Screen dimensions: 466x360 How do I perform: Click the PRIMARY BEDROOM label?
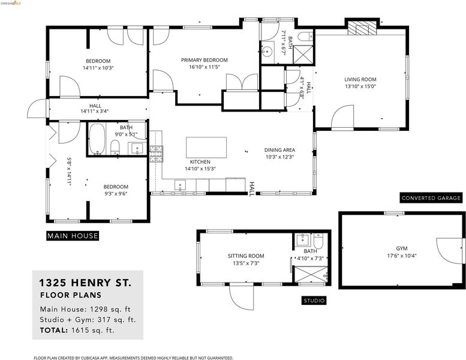click(x=205, y=60)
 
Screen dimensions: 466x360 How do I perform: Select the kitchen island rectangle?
click(x=206, y=148)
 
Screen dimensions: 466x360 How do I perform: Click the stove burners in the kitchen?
click(x=156, y=154)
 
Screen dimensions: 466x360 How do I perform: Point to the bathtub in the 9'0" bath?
click(x=97, y=139)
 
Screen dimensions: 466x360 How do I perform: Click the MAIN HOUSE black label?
click(x=73, y=236)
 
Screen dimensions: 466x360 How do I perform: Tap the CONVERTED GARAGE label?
click(x=431, y=198)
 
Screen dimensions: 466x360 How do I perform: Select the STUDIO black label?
click(x=314, y=301)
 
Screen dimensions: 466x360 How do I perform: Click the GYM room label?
click(x=402, y=248)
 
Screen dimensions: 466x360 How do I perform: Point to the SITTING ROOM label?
click(x=246, y=256)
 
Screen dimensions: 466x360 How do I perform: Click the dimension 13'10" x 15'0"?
click(x=360, y=86)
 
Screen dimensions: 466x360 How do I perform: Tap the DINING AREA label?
click(x=279, y=150)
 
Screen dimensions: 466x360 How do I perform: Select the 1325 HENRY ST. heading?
click(x=85, y=283)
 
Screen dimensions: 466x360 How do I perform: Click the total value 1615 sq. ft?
click(x=93, y=330)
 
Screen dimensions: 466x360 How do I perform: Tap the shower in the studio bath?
click(x=311, y=274)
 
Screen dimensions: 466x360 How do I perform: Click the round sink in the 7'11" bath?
click(x=267, y=52)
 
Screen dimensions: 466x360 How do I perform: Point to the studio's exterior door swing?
click(x=241, y=297)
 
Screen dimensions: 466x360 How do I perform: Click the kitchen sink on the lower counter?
click(x=180, y=185)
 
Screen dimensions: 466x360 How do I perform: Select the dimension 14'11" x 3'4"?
click(x=95, y=112)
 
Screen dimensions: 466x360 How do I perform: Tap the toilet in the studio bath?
click(x=318, y=241)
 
